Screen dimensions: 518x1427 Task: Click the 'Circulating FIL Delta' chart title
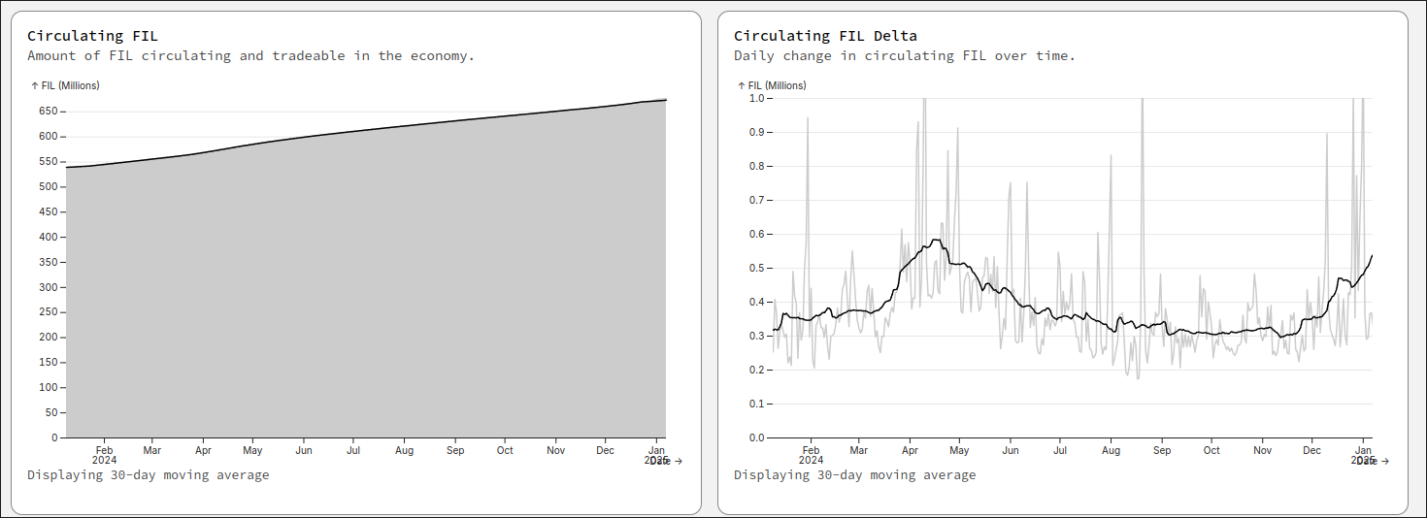(x=825, y=36)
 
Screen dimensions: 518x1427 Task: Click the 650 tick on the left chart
(x=50, y=111)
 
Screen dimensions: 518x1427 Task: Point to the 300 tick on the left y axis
(x=50, y=287)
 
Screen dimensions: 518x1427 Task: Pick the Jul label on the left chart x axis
(x=353, y=450)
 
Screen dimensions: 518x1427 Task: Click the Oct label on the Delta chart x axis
(x=1211, y=450)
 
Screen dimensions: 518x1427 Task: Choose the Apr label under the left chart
(x=203, y=450)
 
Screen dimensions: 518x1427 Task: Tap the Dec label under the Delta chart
(x=1312, y=450)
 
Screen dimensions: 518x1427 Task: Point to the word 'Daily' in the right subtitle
(x=754, y=55)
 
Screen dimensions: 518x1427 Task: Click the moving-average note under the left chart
(x=148, y=474)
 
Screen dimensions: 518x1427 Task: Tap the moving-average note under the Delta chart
(x=854, y=474)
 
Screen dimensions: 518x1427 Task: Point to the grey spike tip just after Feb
(x=808, y=118)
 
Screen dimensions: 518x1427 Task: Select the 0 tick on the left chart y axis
(x=55, y=437)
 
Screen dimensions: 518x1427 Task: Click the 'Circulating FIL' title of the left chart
(x=92, y=36)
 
